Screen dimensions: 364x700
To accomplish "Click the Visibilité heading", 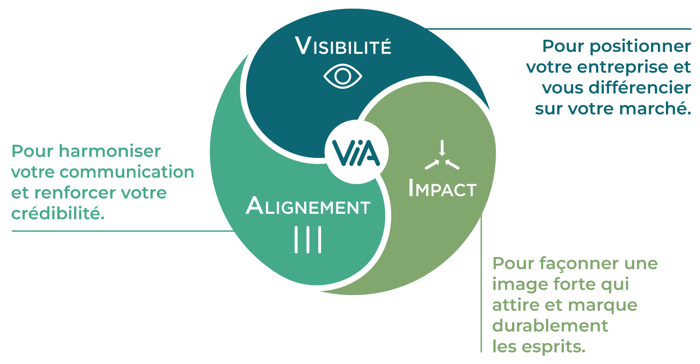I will [343, 46].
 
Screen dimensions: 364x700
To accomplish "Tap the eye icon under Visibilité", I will [343, 76].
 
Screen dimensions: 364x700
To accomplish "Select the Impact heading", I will [442, 189].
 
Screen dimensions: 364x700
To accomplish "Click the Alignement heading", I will [308, 206].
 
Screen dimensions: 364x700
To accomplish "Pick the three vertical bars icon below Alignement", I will [308, 240].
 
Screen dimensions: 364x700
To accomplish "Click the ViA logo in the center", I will [356, 152].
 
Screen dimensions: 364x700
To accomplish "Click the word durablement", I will [550, 326].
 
